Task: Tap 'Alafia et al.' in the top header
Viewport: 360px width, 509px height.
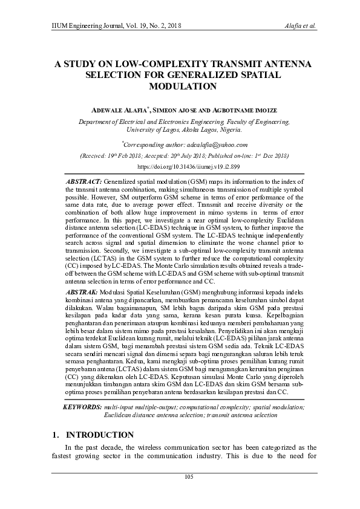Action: pyautogui.click(x=299, y=27)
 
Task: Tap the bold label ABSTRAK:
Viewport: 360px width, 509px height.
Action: pyautogui.click(x=82, y=275)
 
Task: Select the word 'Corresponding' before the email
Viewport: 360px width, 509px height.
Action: pyautogui.click(x=145, y=144)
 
